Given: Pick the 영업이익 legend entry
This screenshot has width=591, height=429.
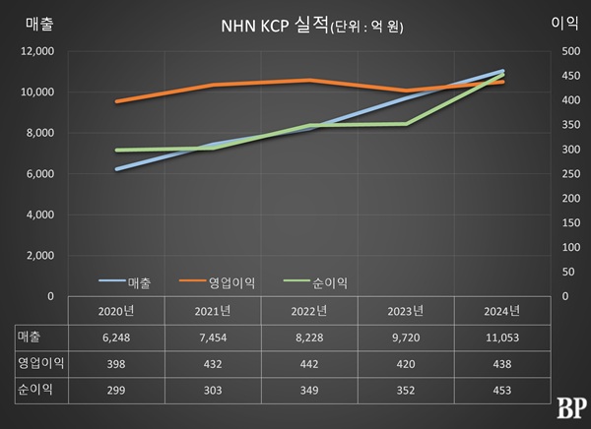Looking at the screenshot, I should tap(232, 282).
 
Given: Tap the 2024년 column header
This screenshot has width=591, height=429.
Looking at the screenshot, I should tap(502, 312).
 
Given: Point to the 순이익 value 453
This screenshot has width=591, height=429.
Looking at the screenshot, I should tap(502, 390).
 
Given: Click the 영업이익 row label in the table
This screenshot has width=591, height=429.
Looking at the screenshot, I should tap(40, 363).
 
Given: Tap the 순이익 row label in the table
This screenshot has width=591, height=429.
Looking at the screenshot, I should tap(34, 390).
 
